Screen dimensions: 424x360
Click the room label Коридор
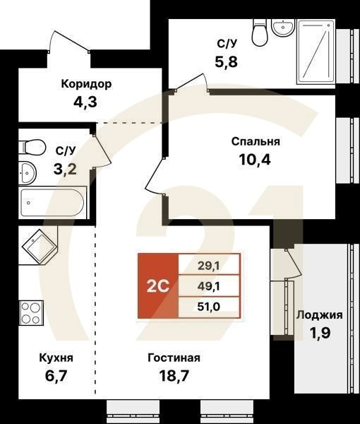click(x=85, y=84)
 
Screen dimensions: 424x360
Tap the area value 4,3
click(x=85, y=102)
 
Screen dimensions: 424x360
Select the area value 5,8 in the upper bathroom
click(x=227, y=61)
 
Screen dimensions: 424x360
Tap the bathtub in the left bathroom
click(x=52, y=204)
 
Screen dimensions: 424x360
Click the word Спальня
click(x=256, y=141)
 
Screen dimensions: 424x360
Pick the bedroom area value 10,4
click(x=256, y=159)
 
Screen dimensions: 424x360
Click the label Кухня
click(x=56, y=358)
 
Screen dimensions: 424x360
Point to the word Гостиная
click(x=174, y=358)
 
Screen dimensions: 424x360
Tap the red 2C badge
click(x=157, y=286)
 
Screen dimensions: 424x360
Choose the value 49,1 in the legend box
click(x=208, y=286)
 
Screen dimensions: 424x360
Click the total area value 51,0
click(x=208, y=307)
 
